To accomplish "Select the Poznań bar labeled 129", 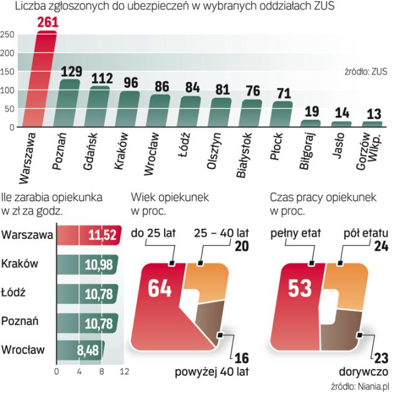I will tap(70, 104).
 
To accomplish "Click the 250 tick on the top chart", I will tap(7, 34).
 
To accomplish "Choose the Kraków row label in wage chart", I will tap(20, 264).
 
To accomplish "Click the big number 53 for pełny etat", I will tap(301, 290).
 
